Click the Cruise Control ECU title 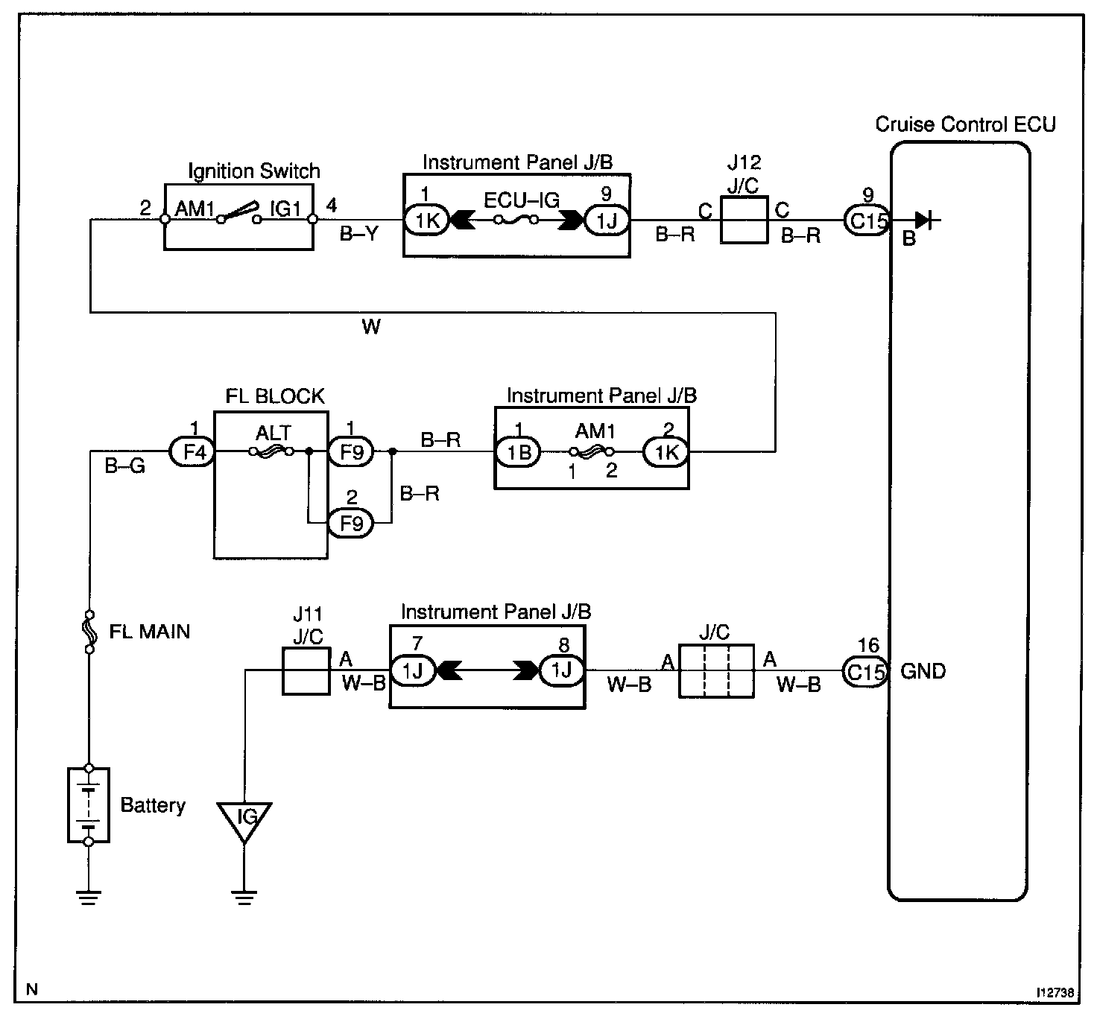click(965, 124)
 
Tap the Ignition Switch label click(254, 171)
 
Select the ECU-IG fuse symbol click(516, 220)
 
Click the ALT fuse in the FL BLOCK click(271, 452)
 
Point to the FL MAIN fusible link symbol click(89, 632)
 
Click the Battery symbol click(89, 804)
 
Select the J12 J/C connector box click(744, 220)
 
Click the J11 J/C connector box click(306, 671)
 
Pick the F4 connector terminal click(192, 452)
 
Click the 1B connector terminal click(517, 452)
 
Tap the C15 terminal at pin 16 click(865, 672)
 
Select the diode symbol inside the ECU click(925, 220)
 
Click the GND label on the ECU click(923, 672)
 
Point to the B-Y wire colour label click(359, 234)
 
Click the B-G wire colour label click(125, 466)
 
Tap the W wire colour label click(371, 327)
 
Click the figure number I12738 click(1055, 992)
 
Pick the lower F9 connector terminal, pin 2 click(351, 522)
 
